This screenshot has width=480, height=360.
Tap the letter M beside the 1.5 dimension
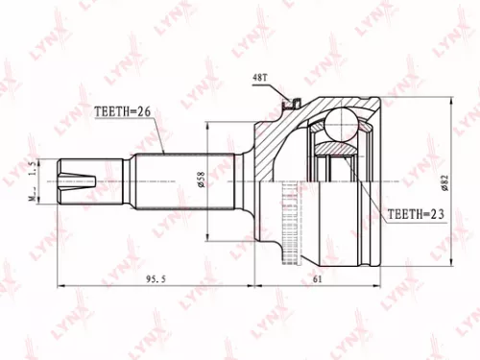pos(35,198)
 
